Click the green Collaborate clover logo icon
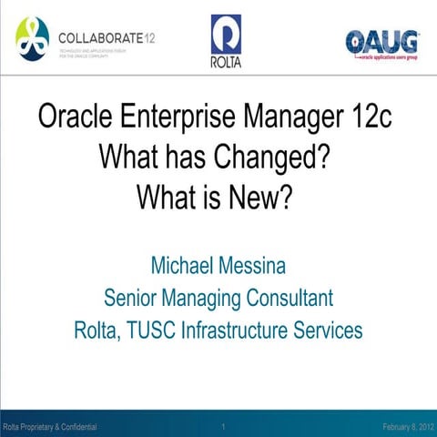[33, 37]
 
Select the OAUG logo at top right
[382, 42]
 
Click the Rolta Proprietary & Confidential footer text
[50, 426]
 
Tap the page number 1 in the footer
[223, 426]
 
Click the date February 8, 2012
[408, 426]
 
